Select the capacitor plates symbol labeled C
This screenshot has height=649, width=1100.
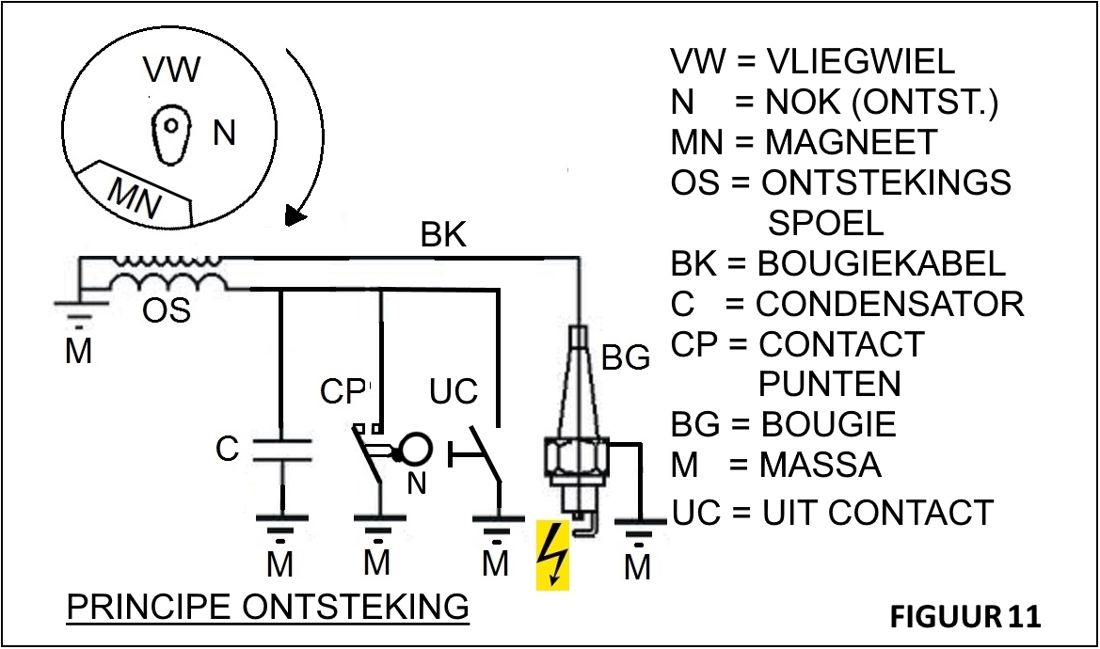[282, 449]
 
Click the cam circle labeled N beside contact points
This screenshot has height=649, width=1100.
[415, 450]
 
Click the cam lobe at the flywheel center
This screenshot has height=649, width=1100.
[171, 132]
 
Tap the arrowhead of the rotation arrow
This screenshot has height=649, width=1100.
[295, 217]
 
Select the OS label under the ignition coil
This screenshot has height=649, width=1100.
[166, 309]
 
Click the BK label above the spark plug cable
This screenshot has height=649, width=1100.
[442, 235]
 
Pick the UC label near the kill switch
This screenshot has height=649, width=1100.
[454, 391]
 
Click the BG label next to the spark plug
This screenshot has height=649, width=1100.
[626, 357]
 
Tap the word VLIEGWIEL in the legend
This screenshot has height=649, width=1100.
[860, 61]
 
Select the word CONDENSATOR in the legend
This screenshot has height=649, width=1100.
[889, 304]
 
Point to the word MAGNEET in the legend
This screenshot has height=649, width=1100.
[851, 142]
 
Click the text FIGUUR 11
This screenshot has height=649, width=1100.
[965, 617]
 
